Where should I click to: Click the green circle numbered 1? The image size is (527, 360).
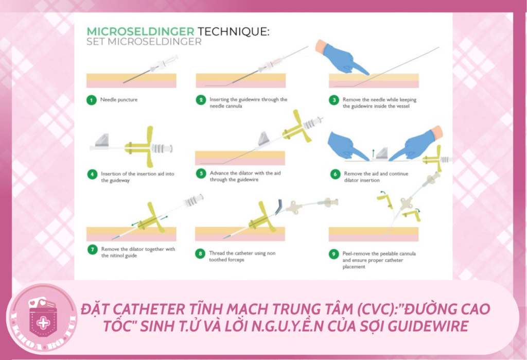click(x=91, y=100)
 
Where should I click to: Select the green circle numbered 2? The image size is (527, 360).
click(x=201, y=100)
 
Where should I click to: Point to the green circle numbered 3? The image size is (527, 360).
click(x=335, y=100)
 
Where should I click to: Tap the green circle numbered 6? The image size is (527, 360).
click(x=335, y=175)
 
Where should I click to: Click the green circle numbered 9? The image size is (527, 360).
click(x=335, y=254)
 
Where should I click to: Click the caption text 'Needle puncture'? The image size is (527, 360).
click(x=119, y=100)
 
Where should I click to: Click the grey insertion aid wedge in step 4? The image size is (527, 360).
click(x=104, y=138)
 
